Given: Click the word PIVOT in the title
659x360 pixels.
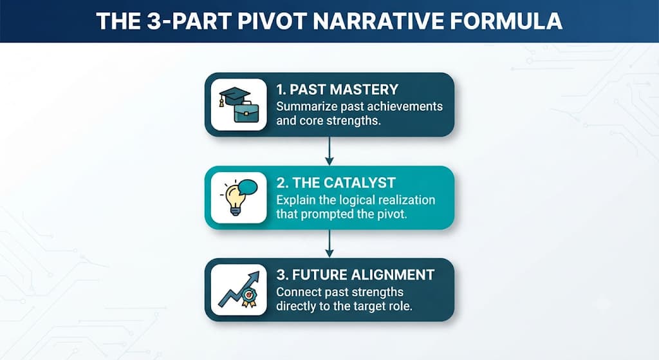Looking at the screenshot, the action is point(272,21).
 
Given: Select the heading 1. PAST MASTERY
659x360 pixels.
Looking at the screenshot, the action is point(337,90).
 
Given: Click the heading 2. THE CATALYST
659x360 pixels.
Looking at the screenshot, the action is point(336,183).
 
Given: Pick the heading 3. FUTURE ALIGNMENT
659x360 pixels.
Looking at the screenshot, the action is point(355,275).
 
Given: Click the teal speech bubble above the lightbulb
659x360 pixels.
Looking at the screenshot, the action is point(248,187).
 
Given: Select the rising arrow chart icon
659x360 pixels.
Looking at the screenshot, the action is point(238,289).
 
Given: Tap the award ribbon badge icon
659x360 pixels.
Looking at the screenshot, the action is point(248,298).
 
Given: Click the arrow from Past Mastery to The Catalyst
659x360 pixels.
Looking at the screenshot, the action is point(329,151).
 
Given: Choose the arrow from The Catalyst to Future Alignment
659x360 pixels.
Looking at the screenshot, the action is point(329,243).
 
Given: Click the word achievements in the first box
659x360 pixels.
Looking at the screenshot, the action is point(405,106).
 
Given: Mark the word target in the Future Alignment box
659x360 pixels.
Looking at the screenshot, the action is point(369,307).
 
